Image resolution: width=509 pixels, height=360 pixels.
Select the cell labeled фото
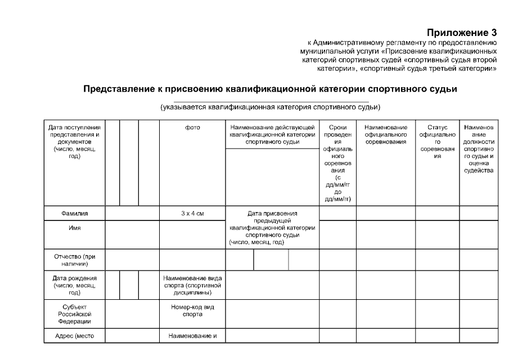click(192, 128)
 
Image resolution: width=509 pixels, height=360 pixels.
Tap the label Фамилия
click(75, 214)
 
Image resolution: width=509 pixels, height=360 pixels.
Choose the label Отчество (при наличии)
click(75, 260)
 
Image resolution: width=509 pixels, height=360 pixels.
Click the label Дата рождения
click(75, 285)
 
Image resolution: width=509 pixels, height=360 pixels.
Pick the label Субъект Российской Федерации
click(75, 314)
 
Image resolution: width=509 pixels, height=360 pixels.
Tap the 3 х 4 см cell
click(192, 214)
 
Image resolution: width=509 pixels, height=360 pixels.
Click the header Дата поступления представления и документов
click(75, 142)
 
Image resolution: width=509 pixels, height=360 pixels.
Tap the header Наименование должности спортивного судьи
click(479, 149)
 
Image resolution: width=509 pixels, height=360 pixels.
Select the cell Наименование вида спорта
click(192, 285)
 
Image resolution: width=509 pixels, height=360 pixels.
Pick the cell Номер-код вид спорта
click(192, 310)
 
